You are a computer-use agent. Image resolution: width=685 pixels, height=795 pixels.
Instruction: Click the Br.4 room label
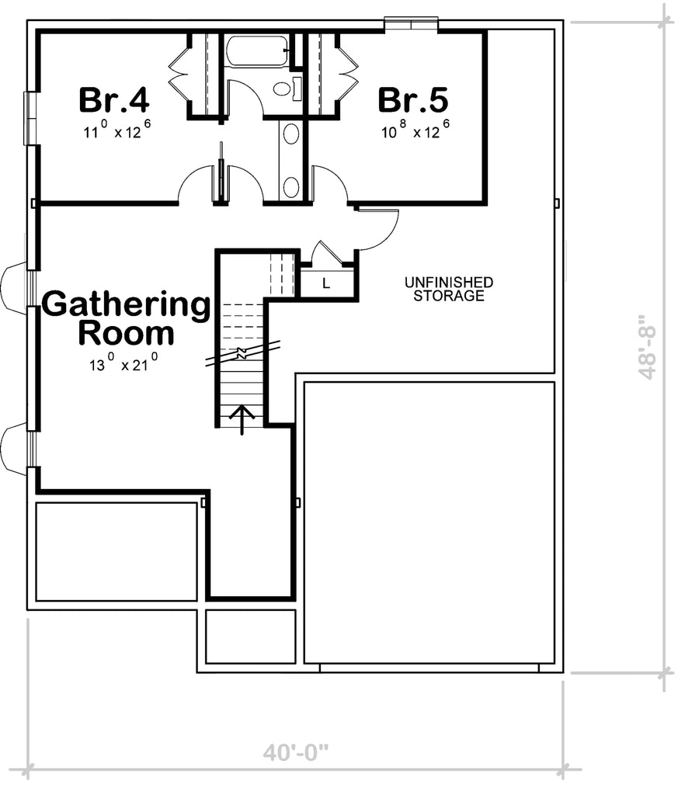[114, 100]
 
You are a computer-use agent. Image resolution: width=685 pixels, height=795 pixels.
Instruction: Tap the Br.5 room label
[412, 100]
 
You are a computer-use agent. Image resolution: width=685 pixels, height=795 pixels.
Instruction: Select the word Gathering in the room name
[126, 305]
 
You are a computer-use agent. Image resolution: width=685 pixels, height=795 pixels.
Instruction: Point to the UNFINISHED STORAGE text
[448, 289]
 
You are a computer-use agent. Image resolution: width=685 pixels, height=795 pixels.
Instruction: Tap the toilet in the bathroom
[283, 89]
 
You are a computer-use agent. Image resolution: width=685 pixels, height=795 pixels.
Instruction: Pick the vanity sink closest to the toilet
[290, 134]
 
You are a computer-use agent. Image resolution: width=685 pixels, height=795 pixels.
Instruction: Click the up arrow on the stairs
[242, 418]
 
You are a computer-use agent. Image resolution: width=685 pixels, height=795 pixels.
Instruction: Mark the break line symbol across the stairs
[242, 354]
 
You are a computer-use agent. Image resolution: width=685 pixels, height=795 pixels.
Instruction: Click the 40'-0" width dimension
[296, 752]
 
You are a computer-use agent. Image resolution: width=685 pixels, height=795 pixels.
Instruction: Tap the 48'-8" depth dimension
[647, 347]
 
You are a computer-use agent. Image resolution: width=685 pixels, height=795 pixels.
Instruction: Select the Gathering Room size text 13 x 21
[123, 363]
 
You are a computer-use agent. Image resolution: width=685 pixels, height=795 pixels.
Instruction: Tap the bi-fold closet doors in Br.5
[347, 75]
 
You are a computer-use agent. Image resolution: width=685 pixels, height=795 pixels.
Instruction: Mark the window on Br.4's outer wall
[31, 118]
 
